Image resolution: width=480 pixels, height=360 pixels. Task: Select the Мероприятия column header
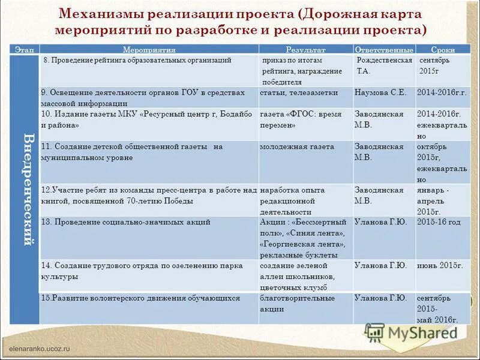coord(149,50)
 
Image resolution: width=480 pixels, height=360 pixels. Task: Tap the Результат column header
coord(305,50)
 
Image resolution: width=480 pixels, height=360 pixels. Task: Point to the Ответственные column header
coord(384,50)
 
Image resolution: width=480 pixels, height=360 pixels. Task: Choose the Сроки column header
coord(442,50)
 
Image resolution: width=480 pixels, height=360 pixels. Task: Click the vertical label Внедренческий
coord(26,189)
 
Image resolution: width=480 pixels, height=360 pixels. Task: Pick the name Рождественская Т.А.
coord(384,65)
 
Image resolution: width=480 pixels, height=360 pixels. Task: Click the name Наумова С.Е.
coord(380,93)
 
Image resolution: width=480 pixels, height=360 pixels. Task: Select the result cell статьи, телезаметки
coord(299,93)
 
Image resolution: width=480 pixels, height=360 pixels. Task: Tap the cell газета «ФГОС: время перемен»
coord(301,119)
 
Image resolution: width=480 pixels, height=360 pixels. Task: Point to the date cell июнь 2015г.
coord(440,265)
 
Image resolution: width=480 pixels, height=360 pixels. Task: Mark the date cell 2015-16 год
coord(439,223)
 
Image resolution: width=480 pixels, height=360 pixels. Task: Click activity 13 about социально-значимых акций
coord(126,223)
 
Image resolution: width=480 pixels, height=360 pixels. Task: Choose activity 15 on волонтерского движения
coord(140,298)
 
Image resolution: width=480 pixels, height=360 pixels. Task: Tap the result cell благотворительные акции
coord(298,303)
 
